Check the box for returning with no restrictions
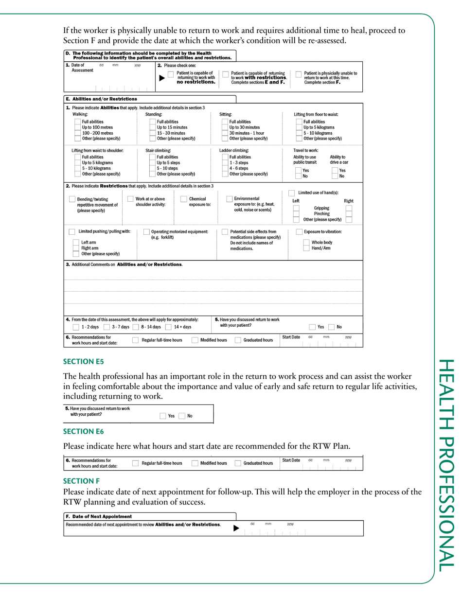(170, 74)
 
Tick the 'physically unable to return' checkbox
(299, 74)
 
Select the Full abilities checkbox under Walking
(77, 122)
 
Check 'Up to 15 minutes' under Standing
(152, 127)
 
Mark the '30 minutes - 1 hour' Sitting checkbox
(224, 133)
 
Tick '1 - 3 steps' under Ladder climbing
(224, 163)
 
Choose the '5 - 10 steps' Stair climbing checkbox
(152, 168)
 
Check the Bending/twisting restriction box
(72, 199)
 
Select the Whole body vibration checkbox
(306, 242)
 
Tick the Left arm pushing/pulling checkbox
(76, 242)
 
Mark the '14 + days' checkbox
(168, 327)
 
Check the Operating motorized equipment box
(146, 232)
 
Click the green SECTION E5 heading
(84, 362)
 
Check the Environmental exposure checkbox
(230, 199)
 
